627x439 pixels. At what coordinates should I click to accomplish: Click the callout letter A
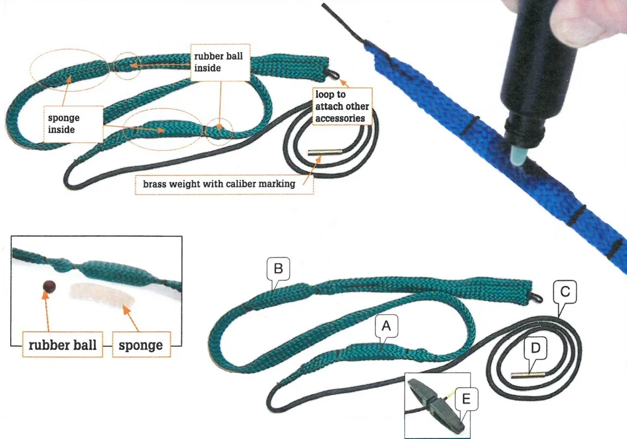pyautogui.click(x=386, y=326)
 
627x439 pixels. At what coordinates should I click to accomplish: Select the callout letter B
pyautogui.click(x=278, y=268)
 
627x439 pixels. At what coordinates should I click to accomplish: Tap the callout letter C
pyautogui.click(x=565, y=292)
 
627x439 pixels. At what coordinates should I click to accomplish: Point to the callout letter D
pyautogui.click(x=535, y=348)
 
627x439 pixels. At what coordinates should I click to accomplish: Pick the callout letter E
pyautogui.click(x=466, y=399)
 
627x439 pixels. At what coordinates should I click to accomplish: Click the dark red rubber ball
pyautogui.click(x=49, y=286)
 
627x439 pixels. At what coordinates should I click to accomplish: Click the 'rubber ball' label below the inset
pyautogui.click(x=62, y=345)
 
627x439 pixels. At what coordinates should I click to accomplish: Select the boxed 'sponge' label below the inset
pyautogui.click(x=140, y=345)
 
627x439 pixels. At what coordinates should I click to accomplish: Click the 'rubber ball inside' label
pyautogui.click(x=219, y=62)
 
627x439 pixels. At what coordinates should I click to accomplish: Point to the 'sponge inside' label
pyautogui.click(x=64, y=124)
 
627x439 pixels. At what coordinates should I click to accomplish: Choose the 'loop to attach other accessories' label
pyautogui.click(x=342, y=107)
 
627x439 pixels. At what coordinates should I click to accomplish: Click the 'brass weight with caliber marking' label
pyautogui.click(x=219, y=184)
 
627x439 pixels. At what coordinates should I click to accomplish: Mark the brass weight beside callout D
pyautogui.click(x=528, y=375)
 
